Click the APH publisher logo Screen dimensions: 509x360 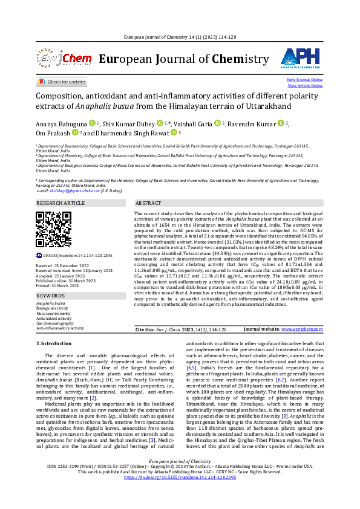point(301,58)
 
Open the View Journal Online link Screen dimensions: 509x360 point(304,80)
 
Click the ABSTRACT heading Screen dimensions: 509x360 point(148,204)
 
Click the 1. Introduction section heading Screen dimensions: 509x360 point(54,343)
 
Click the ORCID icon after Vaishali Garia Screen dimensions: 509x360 point(217,123)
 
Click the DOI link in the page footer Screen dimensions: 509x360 point(180,494)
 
